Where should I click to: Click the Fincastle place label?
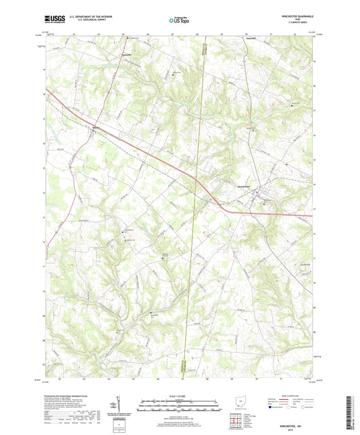(126, 54)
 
